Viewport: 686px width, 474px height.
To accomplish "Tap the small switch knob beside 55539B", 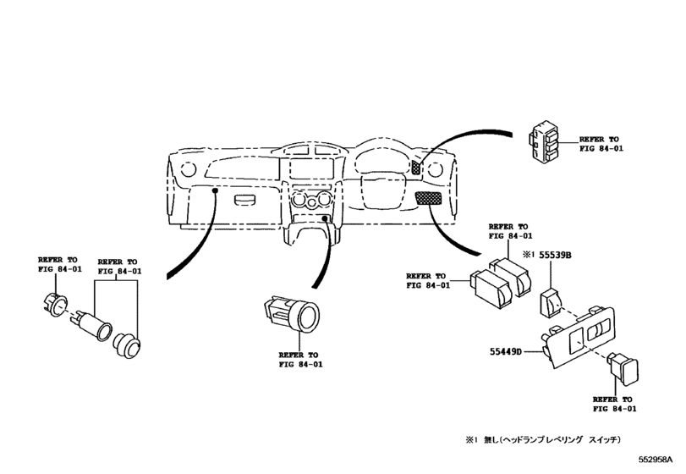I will coord(550,298).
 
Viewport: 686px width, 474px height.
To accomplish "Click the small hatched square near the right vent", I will coord(417,167).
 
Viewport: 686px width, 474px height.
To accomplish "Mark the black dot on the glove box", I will coord(216,192).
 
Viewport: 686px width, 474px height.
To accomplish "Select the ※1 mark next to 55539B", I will coord(529,253).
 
